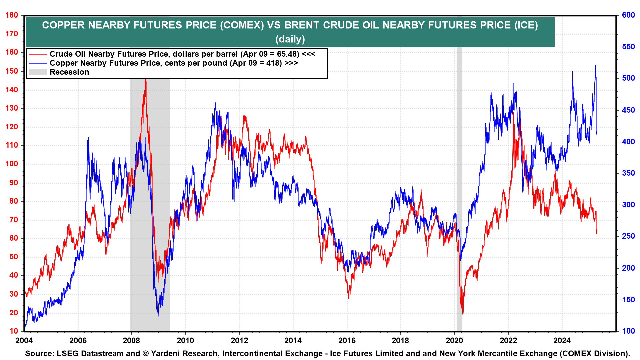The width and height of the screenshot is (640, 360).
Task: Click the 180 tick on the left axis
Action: click(12, 15)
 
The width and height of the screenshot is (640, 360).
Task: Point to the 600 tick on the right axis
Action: click(628, 15)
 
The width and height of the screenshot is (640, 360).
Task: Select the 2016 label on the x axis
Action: click(347, 340)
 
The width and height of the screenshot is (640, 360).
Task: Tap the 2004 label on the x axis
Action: click(24, 340)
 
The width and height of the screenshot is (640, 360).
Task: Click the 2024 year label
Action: click(562, 340)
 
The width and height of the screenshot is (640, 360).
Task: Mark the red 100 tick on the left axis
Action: click(12, 164)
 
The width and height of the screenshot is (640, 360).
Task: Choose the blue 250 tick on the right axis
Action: click(628, 236)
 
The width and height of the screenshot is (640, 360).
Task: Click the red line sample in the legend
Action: click(37, 54)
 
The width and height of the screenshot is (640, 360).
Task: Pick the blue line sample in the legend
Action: click(37, 63)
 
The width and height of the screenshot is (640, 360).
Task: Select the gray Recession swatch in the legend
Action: click(37, 72)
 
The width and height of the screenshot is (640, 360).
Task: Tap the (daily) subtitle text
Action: click(290, 39)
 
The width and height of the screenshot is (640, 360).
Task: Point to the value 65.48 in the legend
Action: click(288, 54)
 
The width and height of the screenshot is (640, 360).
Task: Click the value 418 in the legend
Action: click(274, 63)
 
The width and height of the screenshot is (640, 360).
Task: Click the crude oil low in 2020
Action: click(463, 313)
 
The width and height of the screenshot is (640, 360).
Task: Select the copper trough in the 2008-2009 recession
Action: click(158, 316)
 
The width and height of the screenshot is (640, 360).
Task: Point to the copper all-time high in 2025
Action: click(595, 66)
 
